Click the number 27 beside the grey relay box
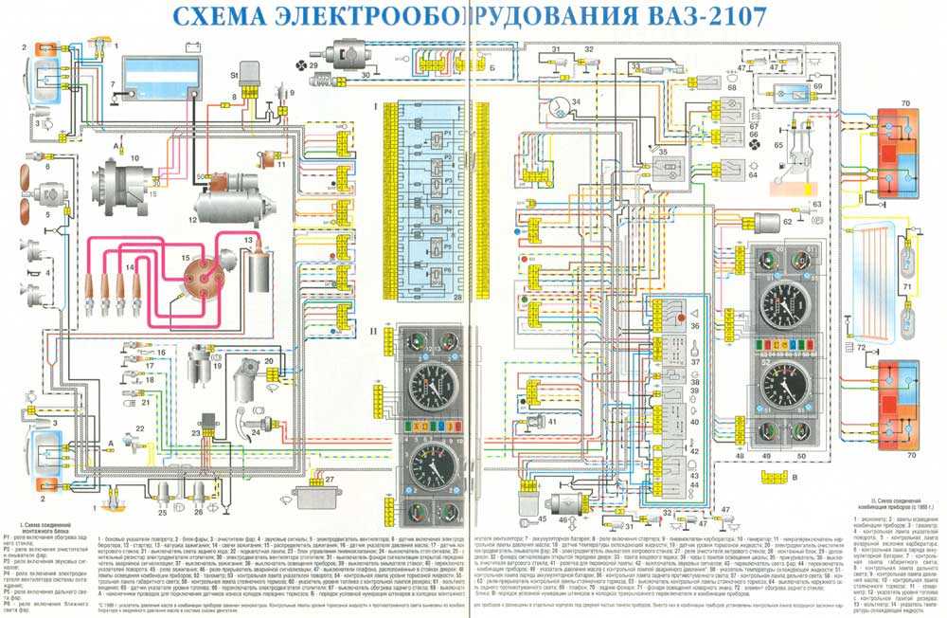tap(331, 480)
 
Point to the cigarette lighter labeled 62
tap(768, 223)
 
